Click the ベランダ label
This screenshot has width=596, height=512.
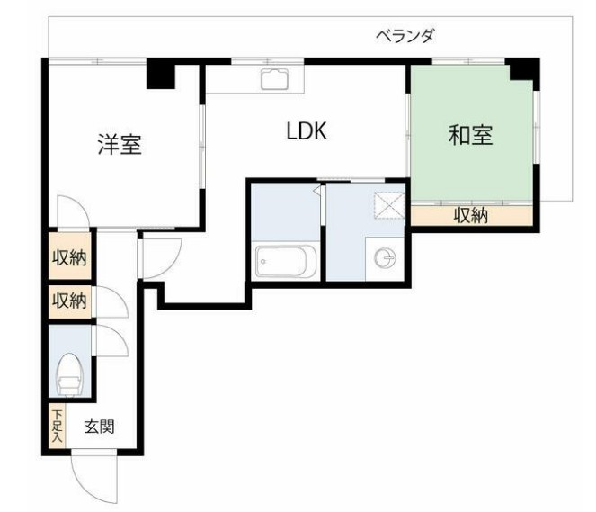click(405, 36)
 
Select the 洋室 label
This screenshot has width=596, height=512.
click(120, 144)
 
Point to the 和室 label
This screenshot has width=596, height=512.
click(471, 136)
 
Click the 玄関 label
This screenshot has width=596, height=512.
click(99, 427)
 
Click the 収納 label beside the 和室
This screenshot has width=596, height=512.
click(470, 216)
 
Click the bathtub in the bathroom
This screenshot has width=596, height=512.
click(284, 262)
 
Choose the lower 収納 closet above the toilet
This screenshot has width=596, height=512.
click(67, 301)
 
